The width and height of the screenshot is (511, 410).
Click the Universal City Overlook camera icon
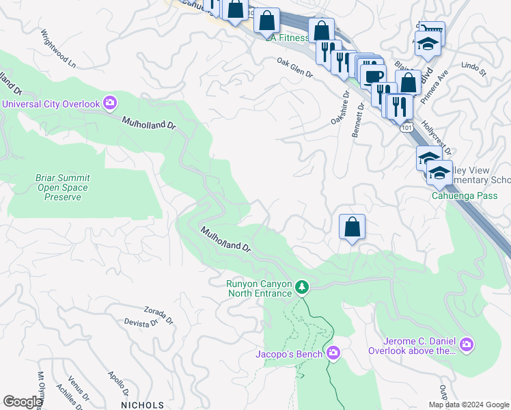110,104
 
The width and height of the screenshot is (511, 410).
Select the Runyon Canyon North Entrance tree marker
302,288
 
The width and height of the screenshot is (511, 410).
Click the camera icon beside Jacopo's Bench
333,353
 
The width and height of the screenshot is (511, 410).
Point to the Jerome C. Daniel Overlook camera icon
467,343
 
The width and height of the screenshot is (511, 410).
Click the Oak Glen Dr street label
294,66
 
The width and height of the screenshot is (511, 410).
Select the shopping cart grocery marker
431,28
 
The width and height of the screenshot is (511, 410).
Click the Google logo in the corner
23,402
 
